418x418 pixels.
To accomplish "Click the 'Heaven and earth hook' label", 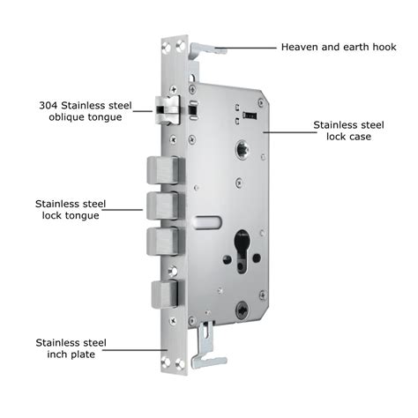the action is (x=339, y=47).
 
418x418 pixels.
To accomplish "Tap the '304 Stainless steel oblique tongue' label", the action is (x=86, y=111).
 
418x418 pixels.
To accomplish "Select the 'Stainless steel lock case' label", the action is (x=348, y=131).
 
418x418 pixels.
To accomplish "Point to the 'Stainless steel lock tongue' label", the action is (x=71, y=210).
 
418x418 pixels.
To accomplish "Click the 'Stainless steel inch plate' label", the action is (x=71, y=348).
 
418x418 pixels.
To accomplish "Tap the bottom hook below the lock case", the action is (x=207, y=347).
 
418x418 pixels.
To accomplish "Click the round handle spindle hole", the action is (x=243, y=149).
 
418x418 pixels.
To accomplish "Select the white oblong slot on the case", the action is (x=208, y=222).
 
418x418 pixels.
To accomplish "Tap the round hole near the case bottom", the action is (x=243, y=310).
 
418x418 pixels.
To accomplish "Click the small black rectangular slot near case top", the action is (x=250, y=116).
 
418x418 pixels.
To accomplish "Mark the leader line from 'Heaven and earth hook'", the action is (x=245, y=48).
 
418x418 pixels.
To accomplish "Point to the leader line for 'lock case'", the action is (x=290, y=132).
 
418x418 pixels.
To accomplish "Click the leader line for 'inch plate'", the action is (x=135, y=350).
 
